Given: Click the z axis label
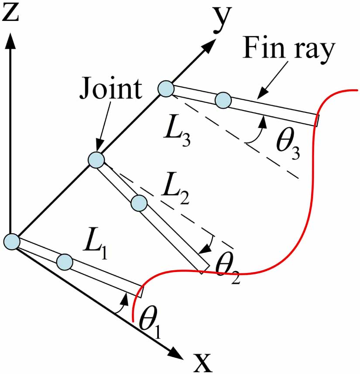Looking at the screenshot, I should tap(12, 14).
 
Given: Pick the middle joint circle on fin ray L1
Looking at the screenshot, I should tap(64, 261).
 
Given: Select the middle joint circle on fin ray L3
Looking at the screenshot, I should tap(223, 100).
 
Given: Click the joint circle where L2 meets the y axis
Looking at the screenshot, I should tap(96, 160).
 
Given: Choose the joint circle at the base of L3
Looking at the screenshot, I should tap(166, 89).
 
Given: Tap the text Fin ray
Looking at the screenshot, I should tap(288, 48).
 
